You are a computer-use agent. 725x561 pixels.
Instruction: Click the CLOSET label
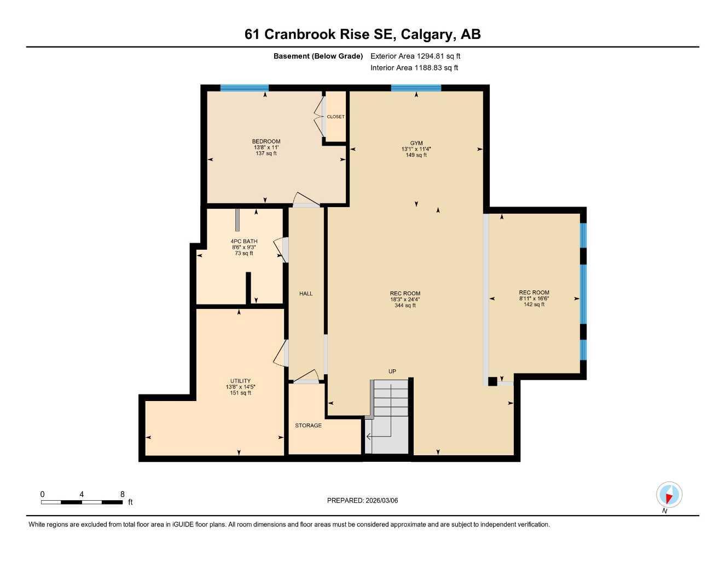pos(335,117)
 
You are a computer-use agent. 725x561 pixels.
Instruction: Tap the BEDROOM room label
pos(266,141)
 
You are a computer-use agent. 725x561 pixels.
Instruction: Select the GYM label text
pos(416,143)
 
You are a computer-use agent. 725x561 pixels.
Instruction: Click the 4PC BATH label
pos(243,241)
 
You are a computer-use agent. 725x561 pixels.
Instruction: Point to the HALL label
pos(306,294)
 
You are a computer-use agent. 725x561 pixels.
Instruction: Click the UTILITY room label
pos(240,381)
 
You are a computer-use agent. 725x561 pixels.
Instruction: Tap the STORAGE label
pos(308,425)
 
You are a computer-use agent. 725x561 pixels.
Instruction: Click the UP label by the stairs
pos(392,371)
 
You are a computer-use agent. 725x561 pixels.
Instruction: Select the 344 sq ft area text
pos(405,306)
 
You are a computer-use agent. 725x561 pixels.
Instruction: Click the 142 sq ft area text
pos(534,305)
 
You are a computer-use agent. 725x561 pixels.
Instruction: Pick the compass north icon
pos(669,495)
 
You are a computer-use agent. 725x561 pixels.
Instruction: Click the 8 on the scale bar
pos(122,494)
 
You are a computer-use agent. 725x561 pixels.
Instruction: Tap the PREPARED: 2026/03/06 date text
pos(362,500)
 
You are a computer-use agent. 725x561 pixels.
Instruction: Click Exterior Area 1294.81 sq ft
pos(415,56)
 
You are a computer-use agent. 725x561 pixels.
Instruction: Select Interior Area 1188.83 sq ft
pos(414,68)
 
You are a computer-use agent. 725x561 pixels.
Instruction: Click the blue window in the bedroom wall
pos(244,88)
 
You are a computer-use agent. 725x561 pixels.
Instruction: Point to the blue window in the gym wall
pos(416,88)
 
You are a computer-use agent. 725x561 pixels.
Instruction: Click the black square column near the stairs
pos(492,381)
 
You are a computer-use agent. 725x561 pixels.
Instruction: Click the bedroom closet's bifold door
pos(319,117)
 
